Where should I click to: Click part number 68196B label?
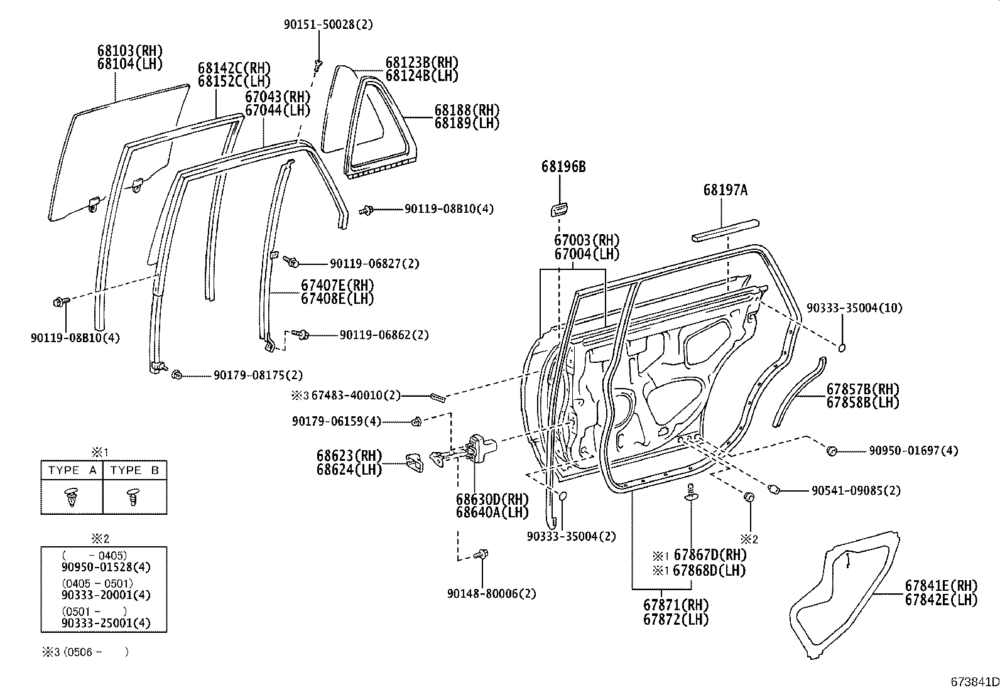tap(563, 166)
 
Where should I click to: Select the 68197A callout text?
tap(726, 190)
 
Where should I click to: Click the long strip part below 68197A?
tap(726, 229)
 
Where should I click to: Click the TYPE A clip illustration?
tap(72, 497)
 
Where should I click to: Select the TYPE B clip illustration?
tap(134, 497)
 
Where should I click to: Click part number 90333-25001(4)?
tap(106, 623)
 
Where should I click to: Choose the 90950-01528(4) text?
tap(106, 567)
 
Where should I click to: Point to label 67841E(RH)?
tap(941, 585)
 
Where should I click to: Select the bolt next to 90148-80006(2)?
tap(482, 554)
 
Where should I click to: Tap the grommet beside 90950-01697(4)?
tap(832, 450)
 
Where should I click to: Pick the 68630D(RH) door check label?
tap(492, 499)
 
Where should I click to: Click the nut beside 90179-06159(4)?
tap(416, 422)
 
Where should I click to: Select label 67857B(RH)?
tap(862, 389)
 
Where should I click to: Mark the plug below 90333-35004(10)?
tap(843, 347)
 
